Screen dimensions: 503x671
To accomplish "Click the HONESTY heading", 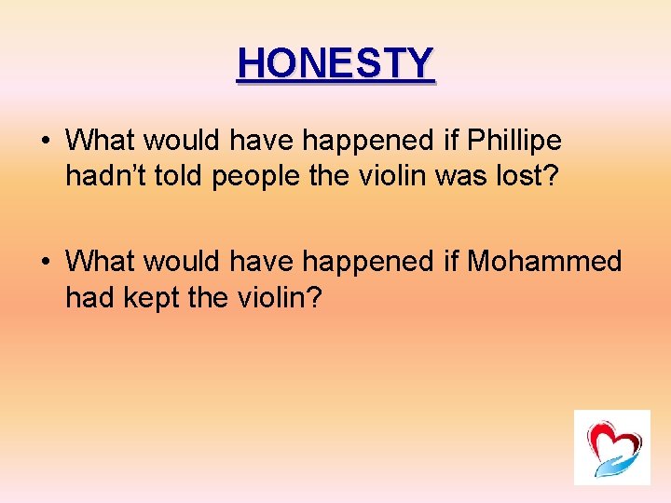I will [335, 63].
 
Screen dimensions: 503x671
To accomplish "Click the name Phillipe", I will [514, 141].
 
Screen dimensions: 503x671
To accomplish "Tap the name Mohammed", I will [544, 262].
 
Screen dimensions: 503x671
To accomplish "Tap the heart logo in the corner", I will [610, 446].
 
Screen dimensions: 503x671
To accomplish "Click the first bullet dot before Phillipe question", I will [46, 142].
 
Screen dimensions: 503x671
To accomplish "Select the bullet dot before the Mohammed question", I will [46, 263].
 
